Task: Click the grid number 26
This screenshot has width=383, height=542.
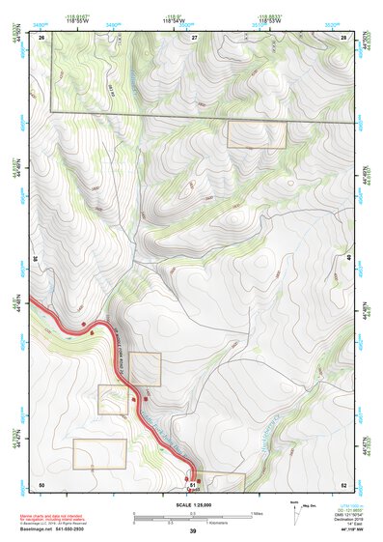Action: click(42, 37)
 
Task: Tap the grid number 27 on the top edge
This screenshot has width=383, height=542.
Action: click(194, 37)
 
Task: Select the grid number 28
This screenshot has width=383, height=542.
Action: click(343, 37)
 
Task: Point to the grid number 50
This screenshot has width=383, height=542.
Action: click(41, 483)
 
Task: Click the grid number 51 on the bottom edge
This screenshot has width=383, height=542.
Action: click(193, 483)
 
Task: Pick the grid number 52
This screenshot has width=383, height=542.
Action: click(343, 483)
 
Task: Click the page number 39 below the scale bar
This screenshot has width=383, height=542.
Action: click(193, 530)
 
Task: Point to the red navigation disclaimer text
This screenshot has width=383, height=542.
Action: click(54, 518)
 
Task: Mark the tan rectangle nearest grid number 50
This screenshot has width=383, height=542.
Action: click(99, 454)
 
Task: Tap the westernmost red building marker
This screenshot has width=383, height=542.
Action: click(84, 324)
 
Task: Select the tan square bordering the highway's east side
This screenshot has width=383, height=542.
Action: click(145, 369)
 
